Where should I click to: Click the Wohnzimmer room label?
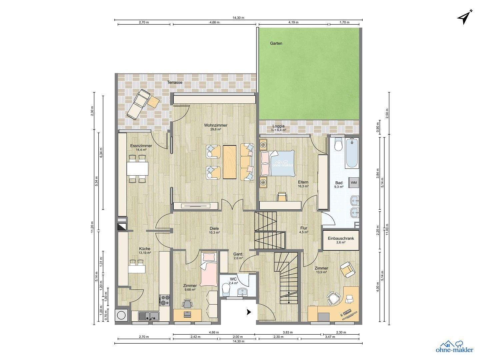click(216, 126)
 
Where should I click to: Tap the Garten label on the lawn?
click(276, 43)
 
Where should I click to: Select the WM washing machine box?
click(353, 182)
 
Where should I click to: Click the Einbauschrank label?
click(341, 239)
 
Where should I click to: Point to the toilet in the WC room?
click(226, 289)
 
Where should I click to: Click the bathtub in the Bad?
click(352, 153)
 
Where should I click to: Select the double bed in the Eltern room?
click(278, 163)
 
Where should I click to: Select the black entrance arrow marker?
click(249, 312)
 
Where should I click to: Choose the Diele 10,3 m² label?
click(214, 230)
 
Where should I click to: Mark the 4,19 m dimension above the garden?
click(293, 23)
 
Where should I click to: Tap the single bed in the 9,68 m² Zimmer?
click(209, 269)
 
